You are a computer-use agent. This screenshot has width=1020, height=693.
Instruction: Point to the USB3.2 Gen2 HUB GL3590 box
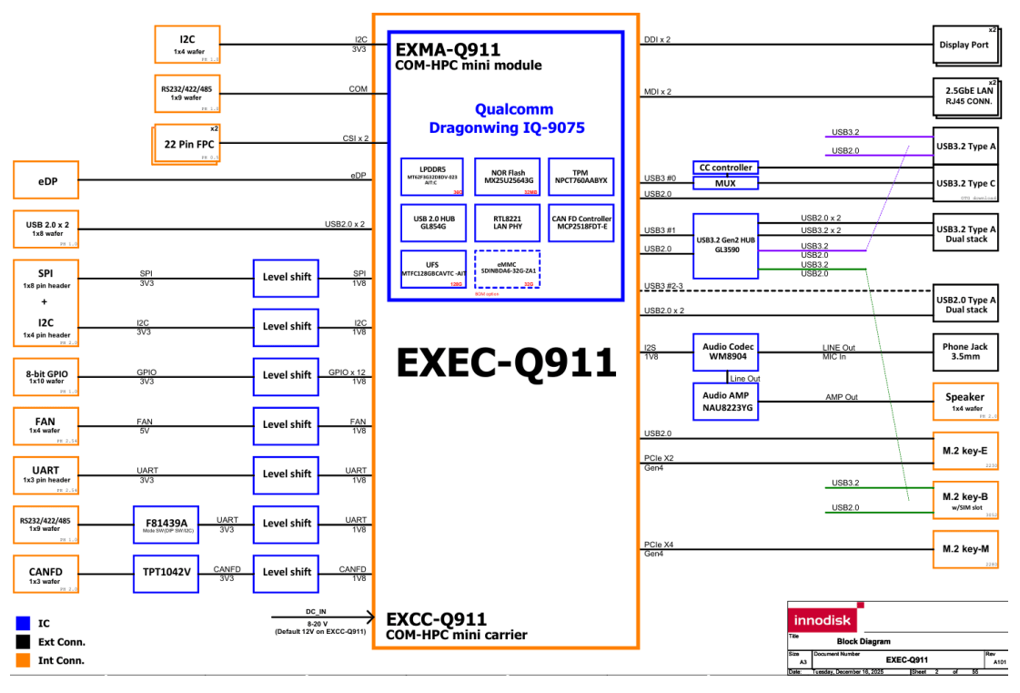tap(725, 246)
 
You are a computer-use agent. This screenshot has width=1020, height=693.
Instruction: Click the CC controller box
tap(725, 168)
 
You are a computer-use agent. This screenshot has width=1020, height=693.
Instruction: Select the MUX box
tap(725, 184)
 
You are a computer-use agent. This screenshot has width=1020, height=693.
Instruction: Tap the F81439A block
tap(164, 524)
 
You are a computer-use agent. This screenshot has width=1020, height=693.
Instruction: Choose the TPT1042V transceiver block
tap(164, 572)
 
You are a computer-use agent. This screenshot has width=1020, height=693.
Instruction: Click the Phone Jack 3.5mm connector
tap(964, 352)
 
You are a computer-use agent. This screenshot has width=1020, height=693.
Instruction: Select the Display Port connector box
tap(964, 46)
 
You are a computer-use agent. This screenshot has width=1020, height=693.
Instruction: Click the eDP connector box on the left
tap(47, 181)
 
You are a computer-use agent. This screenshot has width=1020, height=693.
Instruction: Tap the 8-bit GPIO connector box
tap(47, 375)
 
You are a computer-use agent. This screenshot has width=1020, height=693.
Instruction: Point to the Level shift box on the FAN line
tap(287, 424)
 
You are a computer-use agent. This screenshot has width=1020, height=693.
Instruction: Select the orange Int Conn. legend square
tap(24, 660)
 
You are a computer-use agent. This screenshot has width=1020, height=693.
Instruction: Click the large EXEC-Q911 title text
tap(506, 363)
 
